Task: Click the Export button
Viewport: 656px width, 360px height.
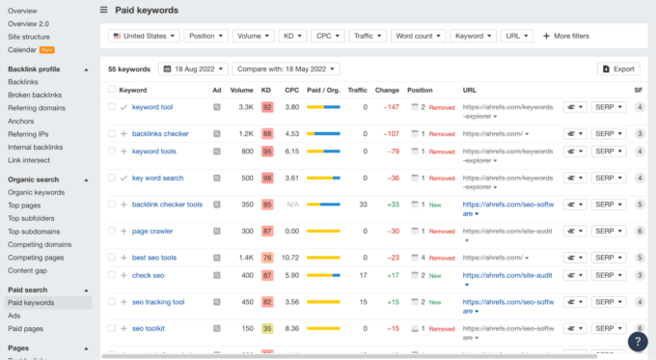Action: tap(618, 69)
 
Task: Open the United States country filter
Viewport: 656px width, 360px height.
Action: tap(143, 36)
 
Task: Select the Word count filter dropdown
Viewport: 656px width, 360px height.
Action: tap(419, 36)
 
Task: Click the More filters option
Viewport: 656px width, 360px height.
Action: tap(565, 36)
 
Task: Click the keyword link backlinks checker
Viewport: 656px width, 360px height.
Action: tap(160, 133)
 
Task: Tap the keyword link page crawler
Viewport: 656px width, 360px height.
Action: tap(152, 231)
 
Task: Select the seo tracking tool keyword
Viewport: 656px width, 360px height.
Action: tap(157, 302)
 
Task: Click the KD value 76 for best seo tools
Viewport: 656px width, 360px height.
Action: tap(266, 258)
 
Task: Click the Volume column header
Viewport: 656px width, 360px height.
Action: tap(241, 90)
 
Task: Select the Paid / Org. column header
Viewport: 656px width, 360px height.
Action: tap(322, 90)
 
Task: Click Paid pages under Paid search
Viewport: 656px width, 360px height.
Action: tap(27, 327)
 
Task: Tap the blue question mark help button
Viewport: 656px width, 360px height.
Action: tap(638, 341)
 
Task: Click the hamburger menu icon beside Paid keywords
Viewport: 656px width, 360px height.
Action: tap(104, 10)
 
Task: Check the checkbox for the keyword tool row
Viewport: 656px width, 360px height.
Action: tap(112, 107)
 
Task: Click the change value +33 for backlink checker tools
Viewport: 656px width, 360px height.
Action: tap(393, 204)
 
